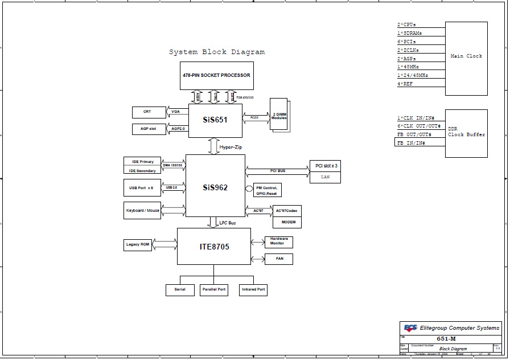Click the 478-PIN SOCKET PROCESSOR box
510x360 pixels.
(x=216, y=76)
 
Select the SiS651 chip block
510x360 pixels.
(x=215, y=121)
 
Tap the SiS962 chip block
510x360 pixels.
(x=215, y=186)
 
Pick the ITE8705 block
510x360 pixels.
(x=213, y=246)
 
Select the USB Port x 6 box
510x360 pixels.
(x=142, y=187)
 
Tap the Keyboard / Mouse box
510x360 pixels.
(x=142, y=210)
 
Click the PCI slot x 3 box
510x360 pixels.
(x=326, y=166)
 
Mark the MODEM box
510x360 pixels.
(x=287, y=222)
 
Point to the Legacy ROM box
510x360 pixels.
(x=138, y=245)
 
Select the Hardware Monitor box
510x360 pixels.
(x=278, y=242)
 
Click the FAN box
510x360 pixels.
(x=278, y=259)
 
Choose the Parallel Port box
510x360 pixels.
(x=213, y=289)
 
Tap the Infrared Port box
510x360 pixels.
(x=253, y=289)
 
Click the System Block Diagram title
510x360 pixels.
(x=217, y=52)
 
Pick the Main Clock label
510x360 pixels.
(x=466, y=56)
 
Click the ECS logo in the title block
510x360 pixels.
(x=410, y=328)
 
